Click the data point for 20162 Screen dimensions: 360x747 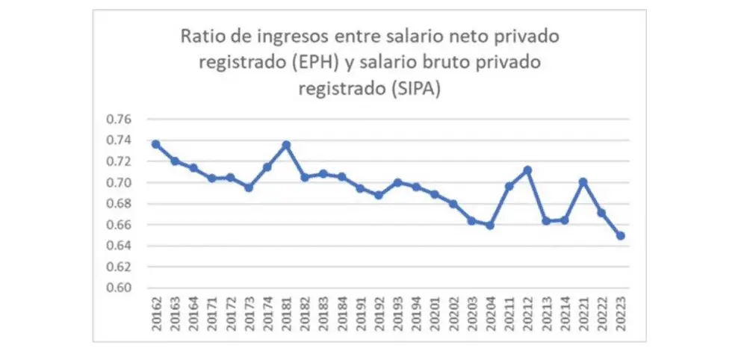pos(155,144)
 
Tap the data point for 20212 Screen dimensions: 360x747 pos(528,170)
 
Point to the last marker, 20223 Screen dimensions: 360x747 pos(620,236)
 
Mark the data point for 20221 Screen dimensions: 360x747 pos(583,181)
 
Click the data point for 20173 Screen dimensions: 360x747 pos(248,187)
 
